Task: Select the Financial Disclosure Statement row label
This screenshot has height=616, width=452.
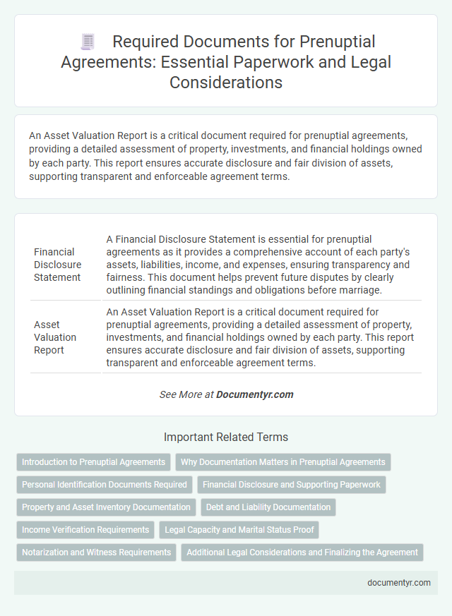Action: pyautogui.click(x=58, y=264)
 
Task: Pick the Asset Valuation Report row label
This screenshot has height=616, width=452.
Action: pyautogui.click(x=55, y=337)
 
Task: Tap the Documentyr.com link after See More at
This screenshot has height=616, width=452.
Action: pyautogui.click(x=256, y=394)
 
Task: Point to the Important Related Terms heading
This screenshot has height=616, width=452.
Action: pyautogui.click(x=226, y=437)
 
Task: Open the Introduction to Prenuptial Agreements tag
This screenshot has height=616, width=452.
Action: pyautogui.click(x=93, y=462)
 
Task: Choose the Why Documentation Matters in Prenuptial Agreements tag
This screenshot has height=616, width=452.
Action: pyautogui.click(x=282, y=462)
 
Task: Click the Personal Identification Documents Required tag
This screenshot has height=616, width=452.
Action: pyautogui.click(x=105, y=485)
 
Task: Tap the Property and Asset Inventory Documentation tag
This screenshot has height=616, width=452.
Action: pyautogui.click(x=106, y=507)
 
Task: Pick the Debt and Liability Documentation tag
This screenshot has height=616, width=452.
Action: pyautogui.click(x=269, y=507)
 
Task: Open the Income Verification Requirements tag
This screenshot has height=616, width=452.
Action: pyautogui.click(x=85, y=529)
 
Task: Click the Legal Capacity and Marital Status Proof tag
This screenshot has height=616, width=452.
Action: pyautogui.click(x=240, y=529)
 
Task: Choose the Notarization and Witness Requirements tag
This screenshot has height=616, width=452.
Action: pyautogui.click(x=96, y=552)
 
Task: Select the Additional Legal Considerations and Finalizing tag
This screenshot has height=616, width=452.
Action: pyautogui.click(x=302, y=552)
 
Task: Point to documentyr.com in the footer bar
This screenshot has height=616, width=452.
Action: pyautogui.click(x=399, y=583)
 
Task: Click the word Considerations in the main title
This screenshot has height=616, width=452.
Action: pyautogui.click(x=226, y=82)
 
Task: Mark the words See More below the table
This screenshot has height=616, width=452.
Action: pyautogui.click(x=180, y=394)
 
